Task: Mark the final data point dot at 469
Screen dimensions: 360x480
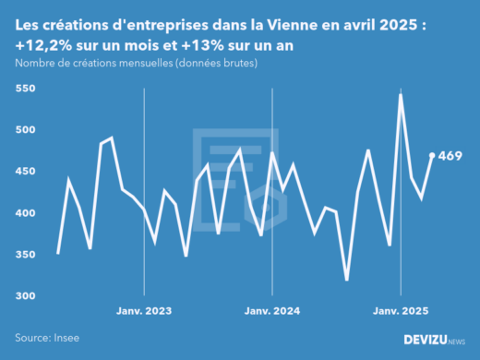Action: coord(432,155)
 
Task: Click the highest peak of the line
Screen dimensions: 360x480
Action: coord(401,94)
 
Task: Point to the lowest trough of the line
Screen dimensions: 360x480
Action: coord(347,280)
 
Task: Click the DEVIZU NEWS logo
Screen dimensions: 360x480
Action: coord(434,339)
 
